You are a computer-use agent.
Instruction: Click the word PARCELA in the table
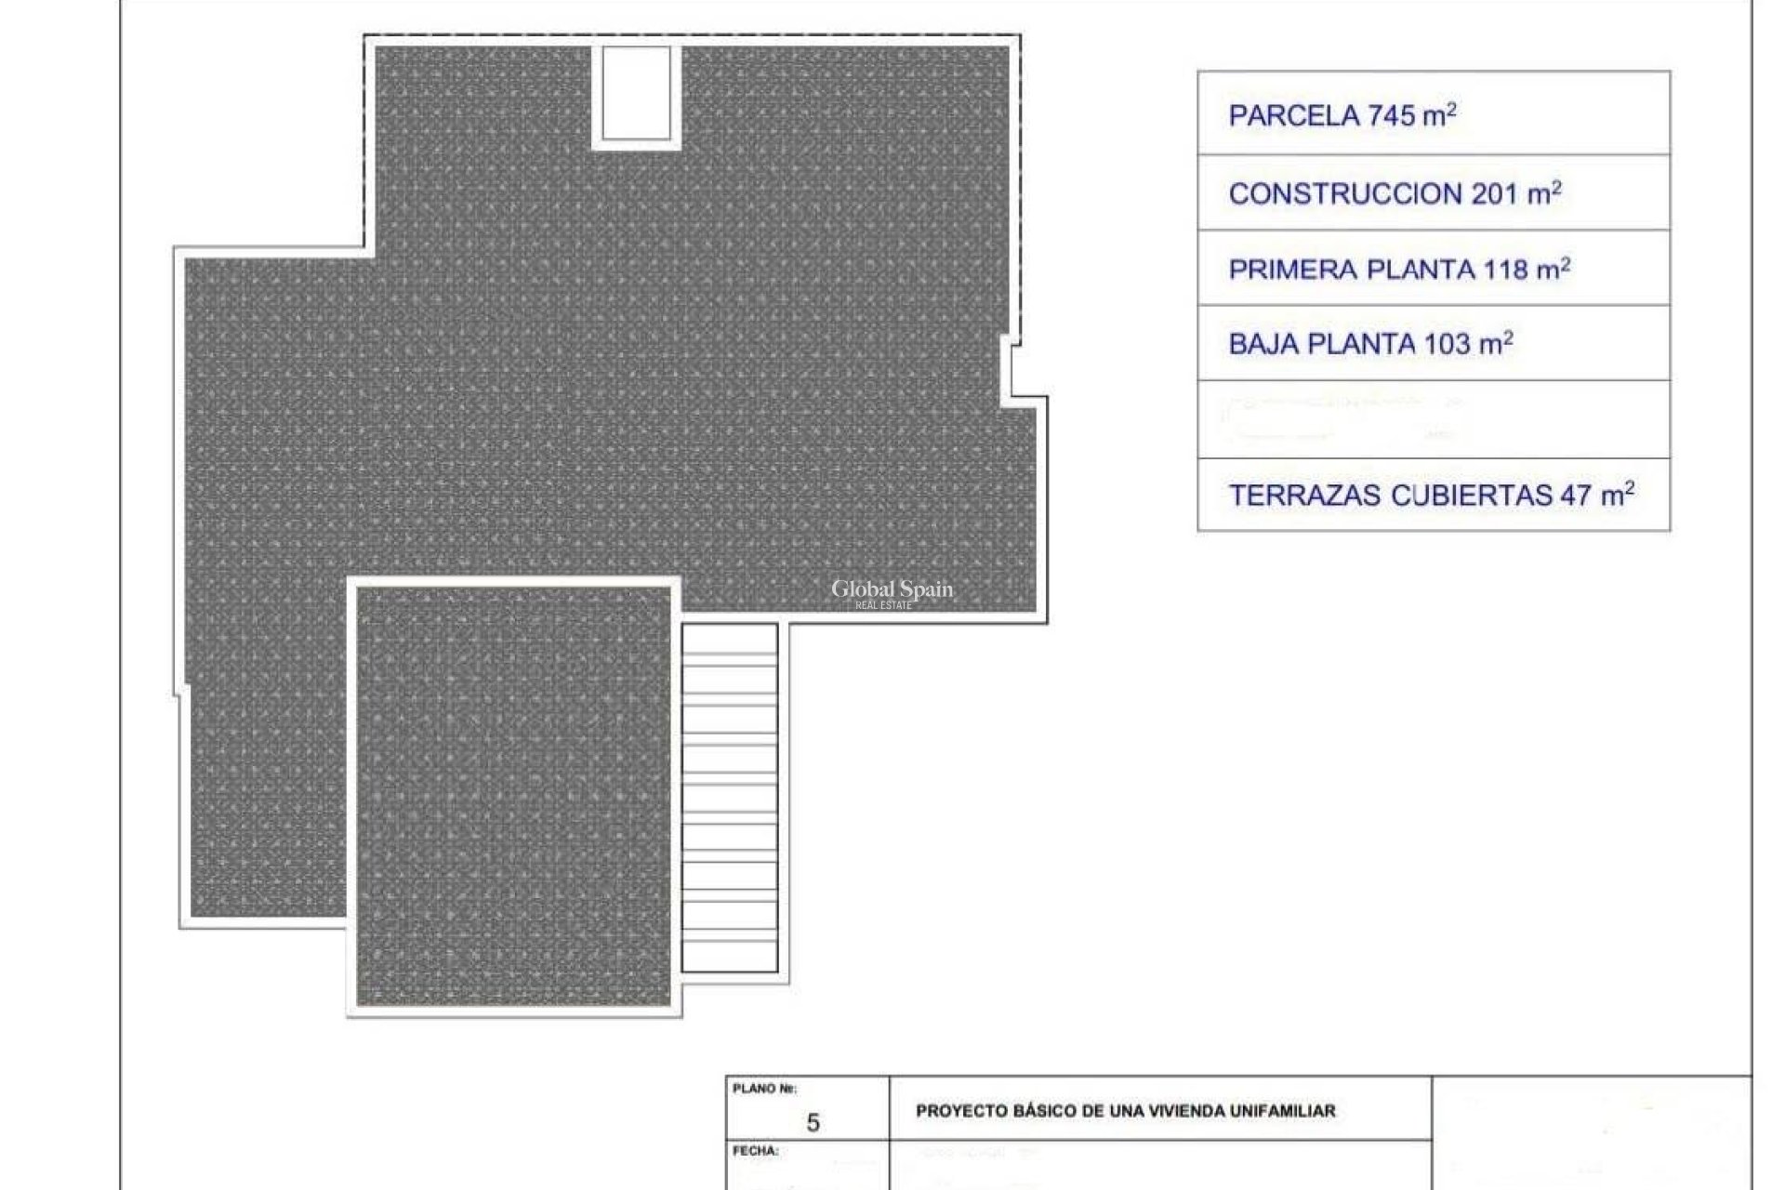[x=1293, y=116]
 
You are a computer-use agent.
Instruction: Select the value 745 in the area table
[x=1391, y=116]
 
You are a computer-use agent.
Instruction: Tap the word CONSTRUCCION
[x=1345, y=194]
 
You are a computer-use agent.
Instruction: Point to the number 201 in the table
[x=1495, y=194]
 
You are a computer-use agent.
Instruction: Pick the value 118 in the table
[x=1506, y=270]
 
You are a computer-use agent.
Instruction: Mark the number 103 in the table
[x=1448, y=344]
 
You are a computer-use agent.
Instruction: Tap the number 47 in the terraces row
[x=1576, y=496]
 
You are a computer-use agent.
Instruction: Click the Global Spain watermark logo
[x=891, y=592]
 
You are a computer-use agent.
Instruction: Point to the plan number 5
[x=813, y=1123]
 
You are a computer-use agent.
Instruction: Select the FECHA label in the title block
[x=755, y=1151]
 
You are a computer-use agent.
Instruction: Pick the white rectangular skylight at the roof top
[x=636, y=92]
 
